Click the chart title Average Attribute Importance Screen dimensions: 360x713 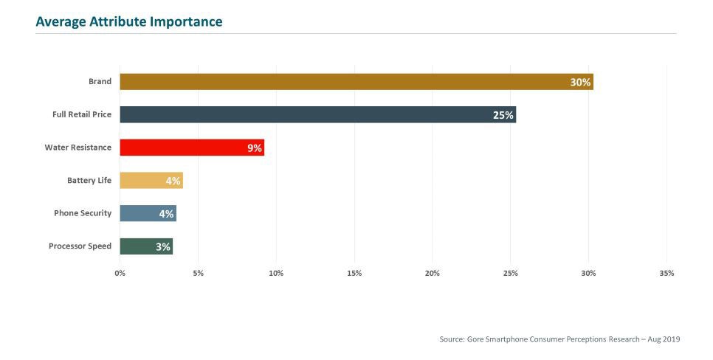pos(128,22)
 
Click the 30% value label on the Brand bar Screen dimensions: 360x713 pos(580,83)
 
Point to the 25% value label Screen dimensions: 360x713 pos(503,115)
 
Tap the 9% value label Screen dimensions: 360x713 pos(255,148)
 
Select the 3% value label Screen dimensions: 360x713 pos(163,247)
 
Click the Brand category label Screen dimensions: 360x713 pos(100,82)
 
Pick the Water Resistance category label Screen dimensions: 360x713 pos(77,148)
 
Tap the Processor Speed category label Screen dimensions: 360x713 pos(80,246)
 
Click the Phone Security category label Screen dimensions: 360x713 pos(83,213)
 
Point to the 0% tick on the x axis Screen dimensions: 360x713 pos(120,274)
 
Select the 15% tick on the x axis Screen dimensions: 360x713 pos(354,274)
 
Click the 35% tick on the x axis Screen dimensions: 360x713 pos(666,274)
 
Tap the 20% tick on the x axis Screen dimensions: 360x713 pos(433,274)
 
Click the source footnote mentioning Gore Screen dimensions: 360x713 pos(559,339)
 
